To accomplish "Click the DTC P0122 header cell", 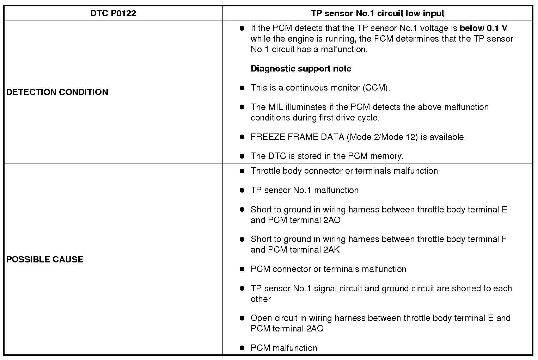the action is (113, 13).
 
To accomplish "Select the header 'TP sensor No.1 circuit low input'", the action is (377, 13).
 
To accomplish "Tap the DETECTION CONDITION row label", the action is (57, 92).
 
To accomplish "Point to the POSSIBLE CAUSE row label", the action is (45, 259).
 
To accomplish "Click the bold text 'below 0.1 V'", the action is (483, 28).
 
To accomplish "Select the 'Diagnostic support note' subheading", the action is (301, 68).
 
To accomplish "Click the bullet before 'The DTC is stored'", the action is (242, 156).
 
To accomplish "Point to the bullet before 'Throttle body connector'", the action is (242, 171).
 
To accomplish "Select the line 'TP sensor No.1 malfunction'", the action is (305, 190).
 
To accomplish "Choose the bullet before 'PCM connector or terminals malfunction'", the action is (242, 269).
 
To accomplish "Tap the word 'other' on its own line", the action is (261, 299).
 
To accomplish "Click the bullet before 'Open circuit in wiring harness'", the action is (242, 318).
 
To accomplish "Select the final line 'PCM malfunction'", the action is (284, 348).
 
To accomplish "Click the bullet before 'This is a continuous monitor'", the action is (242, 88).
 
